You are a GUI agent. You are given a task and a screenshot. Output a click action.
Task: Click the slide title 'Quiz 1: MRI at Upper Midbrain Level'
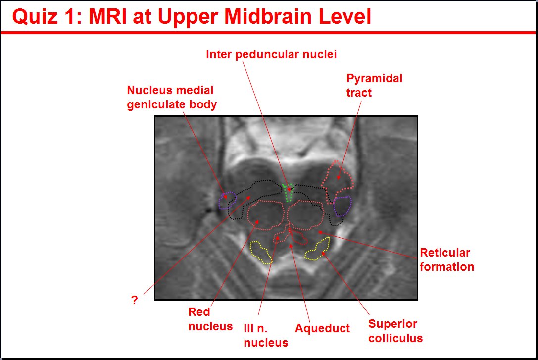click(192, 16)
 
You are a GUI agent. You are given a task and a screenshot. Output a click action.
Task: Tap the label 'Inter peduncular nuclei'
click(271, 54)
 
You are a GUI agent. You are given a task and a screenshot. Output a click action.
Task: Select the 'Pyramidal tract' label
click(374, 85)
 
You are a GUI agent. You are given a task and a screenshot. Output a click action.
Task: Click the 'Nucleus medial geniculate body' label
click(172, 97)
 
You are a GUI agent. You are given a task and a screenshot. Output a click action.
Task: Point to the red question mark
click(135, 300)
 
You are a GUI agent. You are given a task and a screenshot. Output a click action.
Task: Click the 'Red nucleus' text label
click(210, 319)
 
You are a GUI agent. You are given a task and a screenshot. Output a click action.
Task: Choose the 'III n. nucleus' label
click(266, 335)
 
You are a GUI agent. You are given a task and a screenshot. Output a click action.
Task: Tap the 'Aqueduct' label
click(323, 328)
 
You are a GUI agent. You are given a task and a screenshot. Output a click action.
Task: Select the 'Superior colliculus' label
click(395, 331)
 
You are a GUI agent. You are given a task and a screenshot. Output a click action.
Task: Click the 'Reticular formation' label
click(447, 260)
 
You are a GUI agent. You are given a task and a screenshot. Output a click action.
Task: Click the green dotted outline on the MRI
click(288, 192)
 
